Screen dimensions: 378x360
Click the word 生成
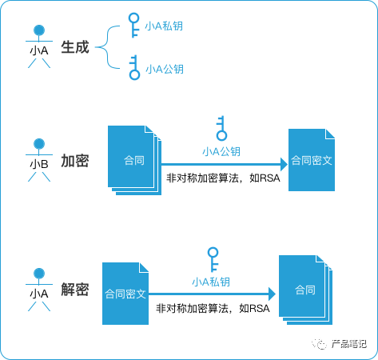75,47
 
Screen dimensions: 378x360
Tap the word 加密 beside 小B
75,161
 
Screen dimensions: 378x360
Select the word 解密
75,290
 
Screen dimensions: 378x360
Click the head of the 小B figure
39,144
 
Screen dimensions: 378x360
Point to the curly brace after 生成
107,47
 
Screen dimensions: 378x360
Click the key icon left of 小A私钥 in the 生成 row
133,26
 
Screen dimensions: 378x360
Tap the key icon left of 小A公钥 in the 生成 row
134,68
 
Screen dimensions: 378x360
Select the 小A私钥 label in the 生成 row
164,26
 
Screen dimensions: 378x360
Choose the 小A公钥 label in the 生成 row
165,69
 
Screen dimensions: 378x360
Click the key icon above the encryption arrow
221,128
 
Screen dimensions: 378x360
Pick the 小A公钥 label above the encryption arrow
221,151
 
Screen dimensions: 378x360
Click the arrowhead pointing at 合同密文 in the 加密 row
284,164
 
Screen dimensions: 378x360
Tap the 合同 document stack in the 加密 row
134,160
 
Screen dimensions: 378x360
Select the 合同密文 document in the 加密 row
312,160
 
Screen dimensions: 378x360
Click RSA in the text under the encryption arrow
269,178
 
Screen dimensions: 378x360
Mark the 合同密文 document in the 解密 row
125,294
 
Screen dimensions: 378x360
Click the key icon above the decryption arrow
213,259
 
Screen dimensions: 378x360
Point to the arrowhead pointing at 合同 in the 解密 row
272,294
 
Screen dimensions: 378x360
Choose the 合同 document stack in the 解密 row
305,290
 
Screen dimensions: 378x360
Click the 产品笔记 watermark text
349,344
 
